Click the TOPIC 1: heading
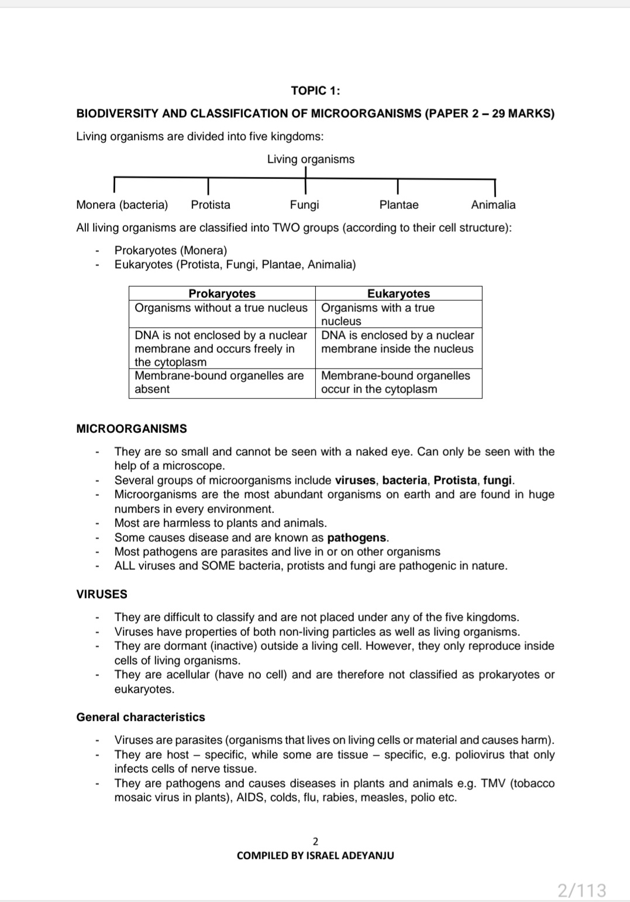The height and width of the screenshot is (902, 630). click(x=315, y=91)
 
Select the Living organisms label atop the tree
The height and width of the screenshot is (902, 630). click(x=311, y=159)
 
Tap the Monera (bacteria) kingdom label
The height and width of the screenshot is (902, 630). click(x=122, y=205)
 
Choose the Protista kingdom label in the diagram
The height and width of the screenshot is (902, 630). click(x=211, y=205)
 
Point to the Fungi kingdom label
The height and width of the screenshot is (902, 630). click(x=304, y=205)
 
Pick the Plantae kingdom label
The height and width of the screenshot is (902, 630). click(x=399, y=205)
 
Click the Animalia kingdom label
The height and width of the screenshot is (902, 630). click(x=493, y=205)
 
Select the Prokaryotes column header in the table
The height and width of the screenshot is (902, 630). click(x=222, y=294)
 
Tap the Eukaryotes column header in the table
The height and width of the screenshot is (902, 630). click(x=398, y=294)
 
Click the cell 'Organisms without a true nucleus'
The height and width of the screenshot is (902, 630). click(x=221, y=308)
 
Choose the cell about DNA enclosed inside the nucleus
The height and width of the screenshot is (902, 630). click(x=398, y=342)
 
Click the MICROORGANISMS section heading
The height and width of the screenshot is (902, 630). click(x=132, y=429)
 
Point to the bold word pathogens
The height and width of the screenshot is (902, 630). click(x=357, y=538)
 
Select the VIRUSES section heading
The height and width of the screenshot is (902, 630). click(x=102, y=594)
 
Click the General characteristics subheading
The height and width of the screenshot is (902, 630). click(x=140, y=717)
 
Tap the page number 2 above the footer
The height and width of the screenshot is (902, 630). click(x=315, y=842)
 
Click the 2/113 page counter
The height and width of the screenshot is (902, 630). click(x=581, y=890)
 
